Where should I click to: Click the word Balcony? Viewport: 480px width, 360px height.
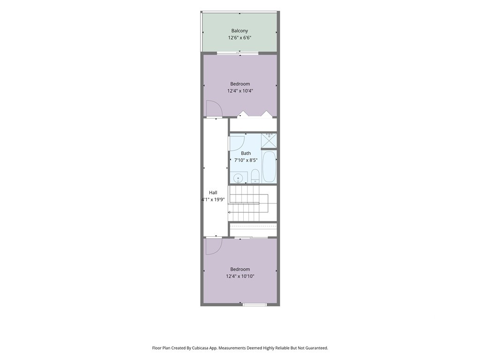pos(240,30)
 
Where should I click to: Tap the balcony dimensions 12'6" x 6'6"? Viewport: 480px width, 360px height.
pos(240,37)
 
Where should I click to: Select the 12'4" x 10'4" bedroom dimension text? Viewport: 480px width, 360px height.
pos(240,91)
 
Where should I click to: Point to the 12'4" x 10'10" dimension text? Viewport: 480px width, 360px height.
pos(240,276)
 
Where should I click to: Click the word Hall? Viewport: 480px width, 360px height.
pos(213,193)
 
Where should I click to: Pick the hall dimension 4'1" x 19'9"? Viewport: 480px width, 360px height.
pos(213,200)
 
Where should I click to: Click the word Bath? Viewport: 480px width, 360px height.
pos(246,153)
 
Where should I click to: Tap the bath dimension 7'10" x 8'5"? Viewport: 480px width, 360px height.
pos(246,160)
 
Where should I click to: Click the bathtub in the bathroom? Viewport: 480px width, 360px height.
pos(270,167)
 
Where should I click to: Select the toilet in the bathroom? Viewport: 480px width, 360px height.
pos(255,177)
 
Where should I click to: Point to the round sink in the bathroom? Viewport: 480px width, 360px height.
pos(238,178)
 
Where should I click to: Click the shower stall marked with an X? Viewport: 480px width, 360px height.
pos(269,141)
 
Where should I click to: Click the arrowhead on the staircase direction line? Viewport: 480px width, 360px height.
pos(230,212)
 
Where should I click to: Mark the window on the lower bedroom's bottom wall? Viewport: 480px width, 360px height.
pos(255,304)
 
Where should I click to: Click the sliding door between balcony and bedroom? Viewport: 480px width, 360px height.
pos(238,53)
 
